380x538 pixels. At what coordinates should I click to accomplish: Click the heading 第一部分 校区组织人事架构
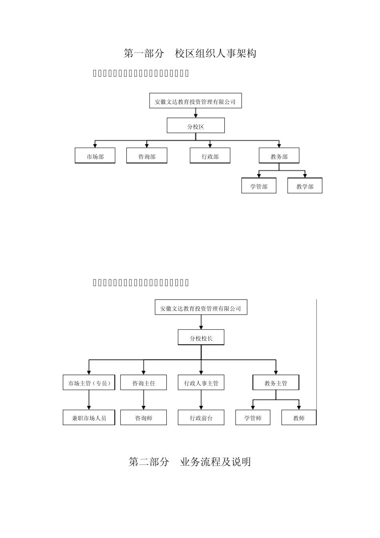(x=190, y=53)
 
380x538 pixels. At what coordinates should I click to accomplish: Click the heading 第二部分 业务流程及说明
(x=190, y=462)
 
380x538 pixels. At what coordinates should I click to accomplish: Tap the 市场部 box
(x=95, y=156)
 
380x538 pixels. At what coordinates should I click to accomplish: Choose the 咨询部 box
(x=147, y=156)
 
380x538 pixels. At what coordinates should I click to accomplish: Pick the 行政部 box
(x=210, y=156)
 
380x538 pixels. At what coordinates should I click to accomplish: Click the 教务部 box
(x=279, y=156)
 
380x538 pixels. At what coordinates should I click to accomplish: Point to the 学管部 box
(x=259, y=186)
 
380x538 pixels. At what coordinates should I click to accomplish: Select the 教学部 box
(x=305, y=186)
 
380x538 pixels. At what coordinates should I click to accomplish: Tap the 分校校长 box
(x=201, y=337)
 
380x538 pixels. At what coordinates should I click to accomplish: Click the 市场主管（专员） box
(x=89, y=383)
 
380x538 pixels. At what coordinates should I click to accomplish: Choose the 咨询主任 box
(x=144, y=383)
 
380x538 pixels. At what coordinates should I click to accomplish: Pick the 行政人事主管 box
(x=201, y=383)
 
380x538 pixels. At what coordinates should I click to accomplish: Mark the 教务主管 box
(x=276, y=383)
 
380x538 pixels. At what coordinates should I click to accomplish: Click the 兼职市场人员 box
(x=89, y=418)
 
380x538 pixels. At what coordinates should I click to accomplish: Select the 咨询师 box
(x=144, y=418)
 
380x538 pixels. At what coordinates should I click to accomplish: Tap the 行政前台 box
(x=201, y=418)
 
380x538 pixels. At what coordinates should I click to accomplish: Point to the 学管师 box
(x=253, y=418)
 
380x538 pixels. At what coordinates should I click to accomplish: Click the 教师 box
(x=299, y=418)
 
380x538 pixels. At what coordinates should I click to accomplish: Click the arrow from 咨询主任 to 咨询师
(x=144, y=400)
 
